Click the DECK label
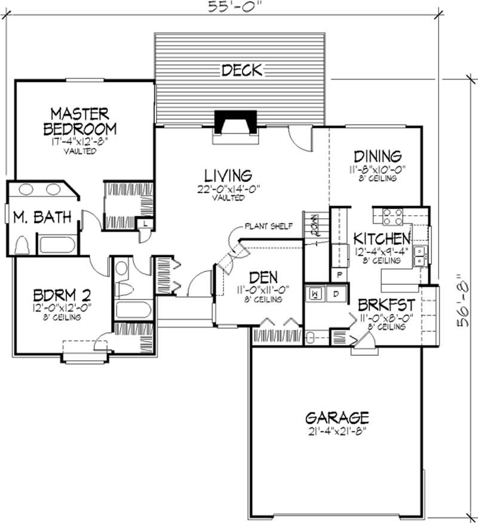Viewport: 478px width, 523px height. (241, 71)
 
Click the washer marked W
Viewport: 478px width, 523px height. (315, 294)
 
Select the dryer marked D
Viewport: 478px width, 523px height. (335, 294)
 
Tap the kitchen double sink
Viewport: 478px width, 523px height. (421, 255)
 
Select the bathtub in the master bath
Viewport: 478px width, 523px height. (56, 245)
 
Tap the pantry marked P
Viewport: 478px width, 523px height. (339, 275)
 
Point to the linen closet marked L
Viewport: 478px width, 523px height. (146, 224)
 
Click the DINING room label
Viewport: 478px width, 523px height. (375, 157)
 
